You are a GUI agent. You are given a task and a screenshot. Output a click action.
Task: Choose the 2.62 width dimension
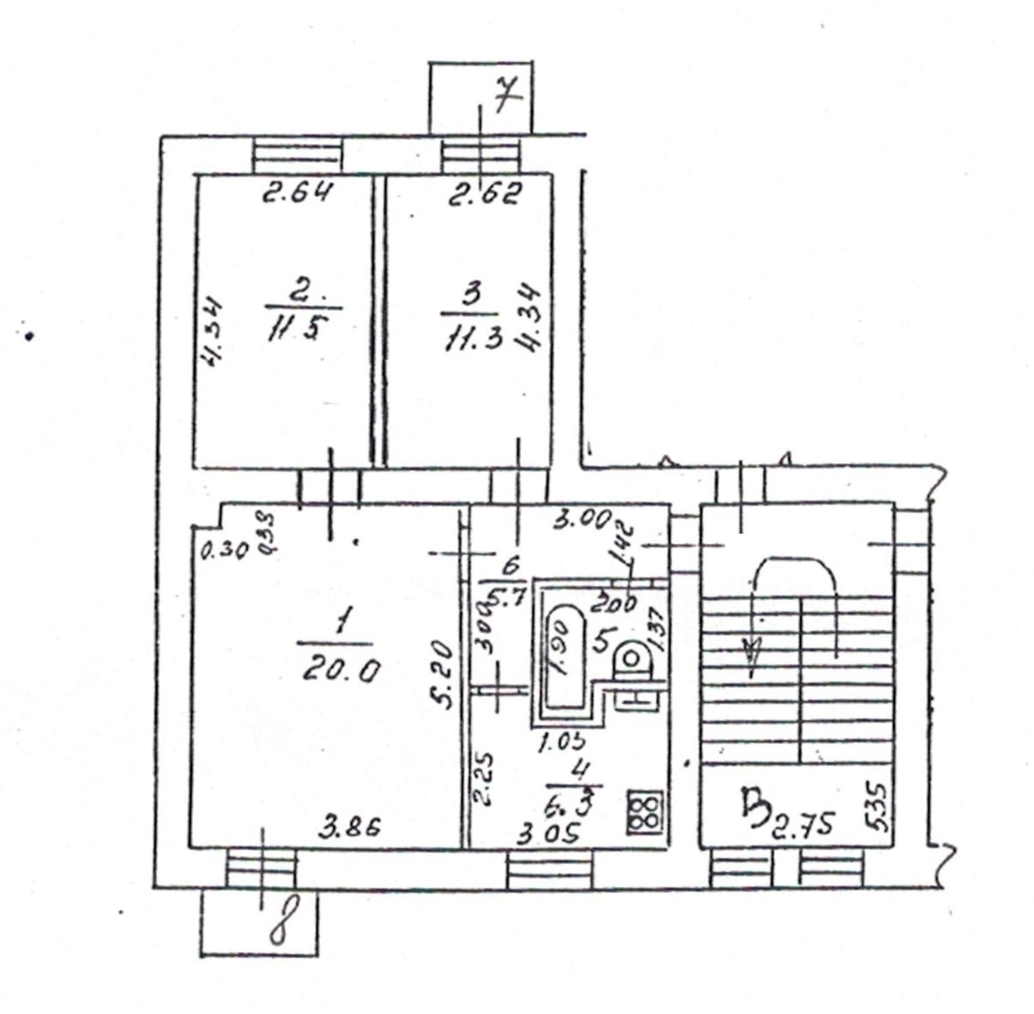(x=485, y=195)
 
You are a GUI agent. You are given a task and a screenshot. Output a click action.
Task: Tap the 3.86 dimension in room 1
(x=349, y=828)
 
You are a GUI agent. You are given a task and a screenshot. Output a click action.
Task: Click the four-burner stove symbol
(x=644, y=811)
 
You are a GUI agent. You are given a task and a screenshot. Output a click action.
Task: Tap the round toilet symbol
(x=632, y=660)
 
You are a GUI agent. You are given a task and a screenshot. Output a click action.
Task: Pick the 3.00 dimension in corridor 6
(x=581, y=520)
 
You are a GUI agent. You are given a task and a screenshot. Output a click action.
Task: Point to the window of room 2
(x=298, y=157)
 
